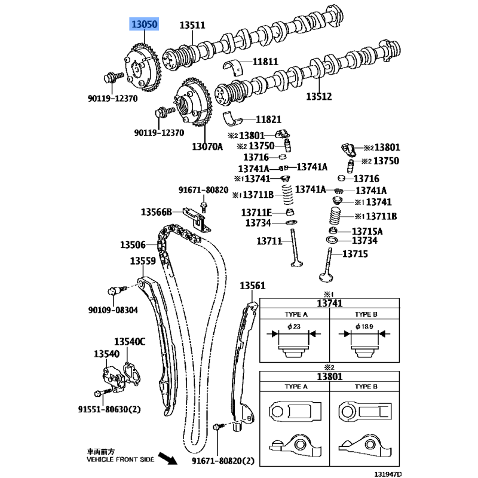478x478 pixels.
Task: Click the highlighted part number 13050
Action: pos(146,24)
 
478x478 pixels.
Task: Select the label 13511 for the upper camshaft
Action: pos(192,25)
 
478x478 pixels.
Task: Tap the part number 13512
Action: pos(319,96)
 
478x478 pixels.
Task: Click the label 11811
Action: pos(265,62)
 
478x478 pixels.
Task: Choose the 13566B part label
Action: pos(157,212)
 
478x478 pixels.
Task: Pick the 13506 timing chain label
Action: pos(133,244)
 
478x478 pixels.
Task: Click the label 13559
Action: pos(143,261)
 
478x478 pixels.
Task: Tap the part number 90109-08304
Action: pos(113,310)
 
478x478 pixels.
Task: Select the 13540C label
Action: pos(130,342)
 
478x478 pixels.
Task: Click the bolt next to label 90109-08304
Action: pos(114,292)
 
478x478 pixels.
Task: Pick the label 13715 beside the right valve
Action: pos(355,254)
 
